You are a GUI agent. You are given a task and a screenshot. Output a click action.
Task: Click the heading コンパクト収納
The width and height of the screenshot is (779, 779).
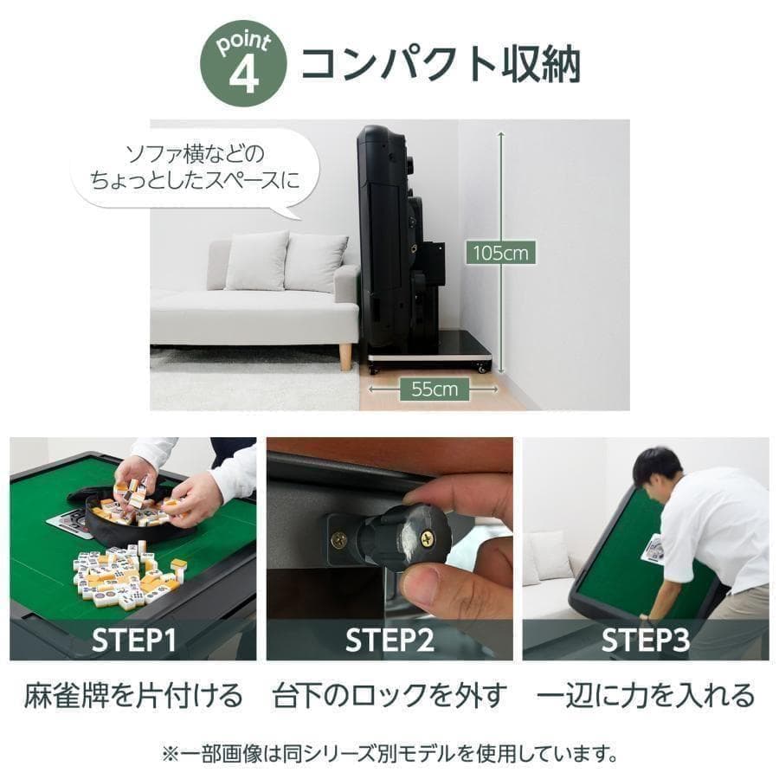(x=440, y=64)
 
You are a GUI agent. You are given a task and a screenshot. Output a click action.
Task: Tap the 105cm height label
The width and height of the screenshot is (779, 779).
(x=499, y=254)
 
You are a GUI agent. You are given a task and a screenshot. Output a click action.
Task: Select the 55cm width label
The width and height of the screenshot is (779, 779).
(x=434, y=389)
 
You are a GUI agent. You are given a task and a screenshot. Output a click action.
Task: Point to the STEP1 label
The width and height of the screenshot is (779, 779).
(x=133, y=641)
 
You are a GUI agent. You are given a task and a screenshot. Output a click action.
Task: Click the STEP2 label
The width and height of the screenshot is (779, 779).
(x=389, y=641)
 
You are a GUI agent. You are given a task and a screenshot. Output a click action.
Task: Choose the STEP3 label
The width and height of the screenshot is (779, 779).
(x=646, y=641)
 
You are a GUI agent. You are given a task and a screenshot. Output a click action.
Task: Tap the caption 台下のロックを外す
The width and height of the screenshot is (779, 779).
(x=389, y=695)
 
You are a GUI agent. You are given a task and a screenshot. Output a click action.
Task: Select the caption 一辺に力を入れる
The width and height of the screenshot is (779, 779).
(x=646, y=695)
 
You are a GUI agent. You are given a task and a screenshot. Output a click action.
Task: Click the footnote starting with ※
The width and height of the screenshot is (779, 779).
(x=389, y=753)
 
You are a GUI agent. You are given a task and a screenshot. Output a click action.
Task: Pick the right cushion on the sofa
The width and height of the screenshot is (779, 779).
(x=315, y=261)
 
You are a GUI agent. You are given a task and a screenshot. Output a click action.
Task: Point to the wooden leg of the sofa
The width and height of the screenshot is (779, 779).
(x=345, y=356)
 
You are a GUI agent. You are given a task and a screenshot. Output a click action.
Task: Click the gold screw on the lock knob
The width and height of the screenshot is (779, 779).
(x=427, y=538)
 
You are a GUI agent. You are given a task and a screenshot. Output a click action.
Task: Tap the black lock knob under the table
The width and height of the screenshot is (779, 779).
(x=407, y=537)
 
